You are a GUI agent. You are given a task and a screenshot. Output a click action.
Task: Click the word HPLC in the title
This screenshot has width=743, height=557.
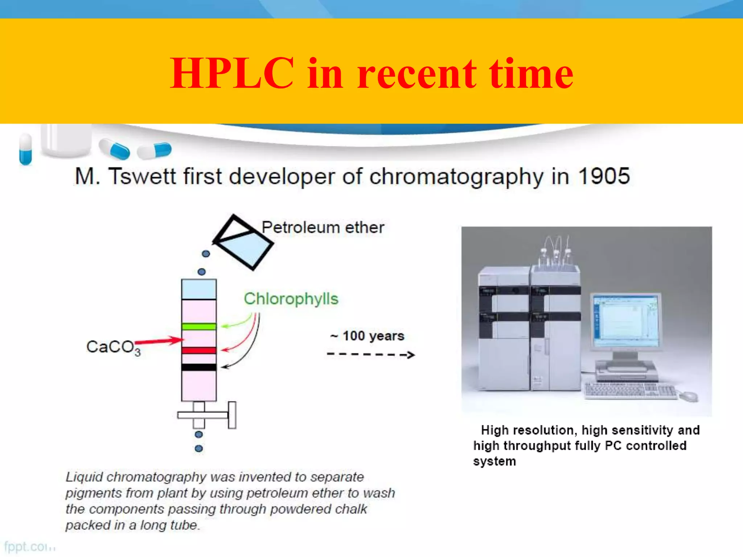[232, 74]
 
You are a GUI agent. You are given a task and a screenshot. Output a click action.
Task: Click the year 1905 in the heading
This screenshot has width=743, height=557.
[604, 177]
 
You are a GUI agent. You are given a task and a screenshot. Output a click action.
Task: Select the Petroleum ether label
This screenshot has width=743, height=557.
[323, 228]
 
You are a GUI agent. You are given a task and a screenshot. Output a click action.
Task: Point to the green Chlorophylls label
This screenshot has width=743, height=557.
[291, 299]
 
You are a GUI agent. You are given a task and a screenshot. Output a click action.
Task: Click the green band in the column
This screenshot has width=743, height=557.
[199, 326]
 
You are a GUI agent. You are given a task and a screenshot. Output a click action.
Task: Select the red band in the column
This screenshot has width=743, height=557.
[199, 350]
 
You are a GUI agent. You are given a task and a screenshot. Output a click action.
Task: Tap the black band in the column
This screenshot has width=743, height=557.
[199, 367]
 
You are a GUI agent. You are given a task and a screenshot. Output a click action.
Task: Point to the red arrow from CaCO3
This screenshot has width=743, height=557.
[160, 341]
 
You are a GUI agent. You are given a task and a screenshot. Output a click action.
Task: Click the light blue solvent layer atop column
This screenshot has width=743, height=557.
[199, 289]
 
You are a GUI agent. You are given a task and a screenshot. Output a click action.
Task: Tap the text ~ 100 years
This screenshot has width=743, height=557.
[367, 336]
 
